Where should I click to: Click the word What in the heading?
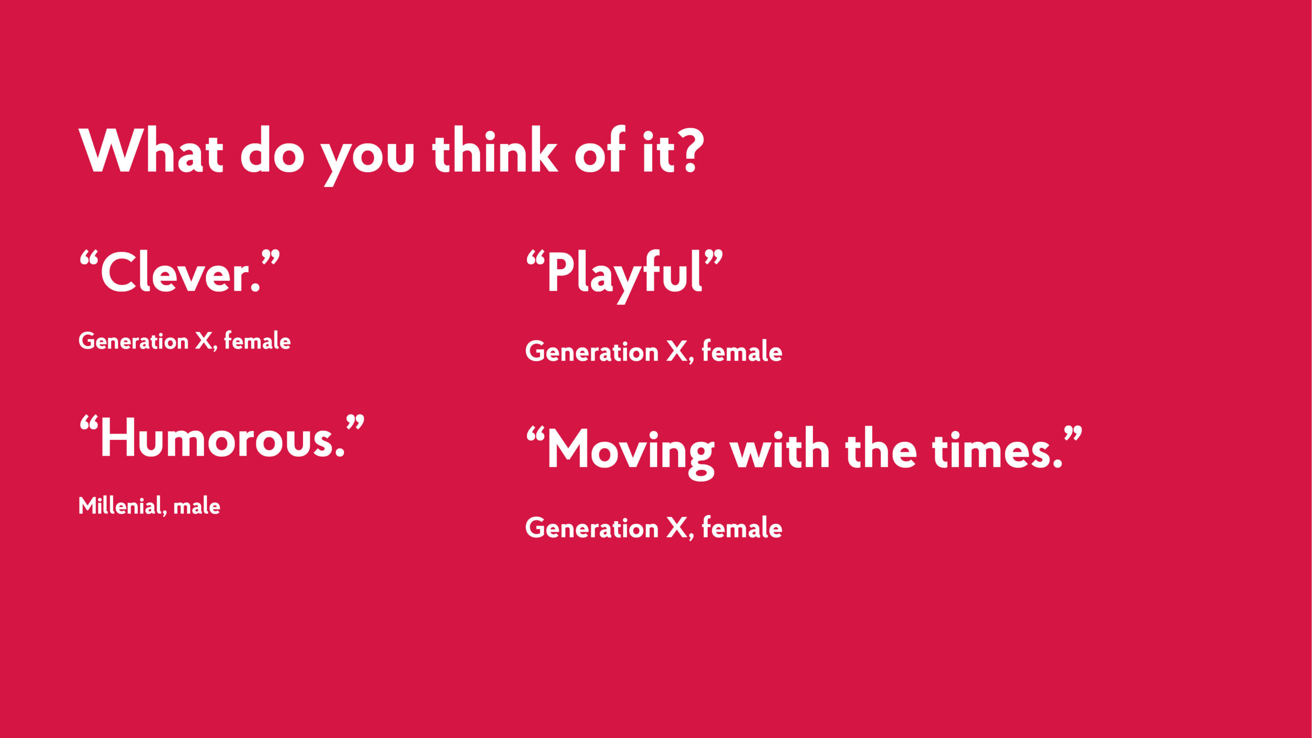pos(151,150)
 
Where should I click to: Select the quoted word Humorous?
pos(222,437)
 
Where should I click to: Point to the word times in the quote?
pos(997,449)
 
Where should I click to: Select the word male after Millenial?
pos(197,506)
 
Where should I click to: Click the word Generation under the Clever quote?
pos(134,341)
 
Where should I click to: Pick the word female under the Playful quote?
pos(742,352)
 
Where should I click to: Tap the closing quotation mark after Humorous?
pos(355,423)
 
